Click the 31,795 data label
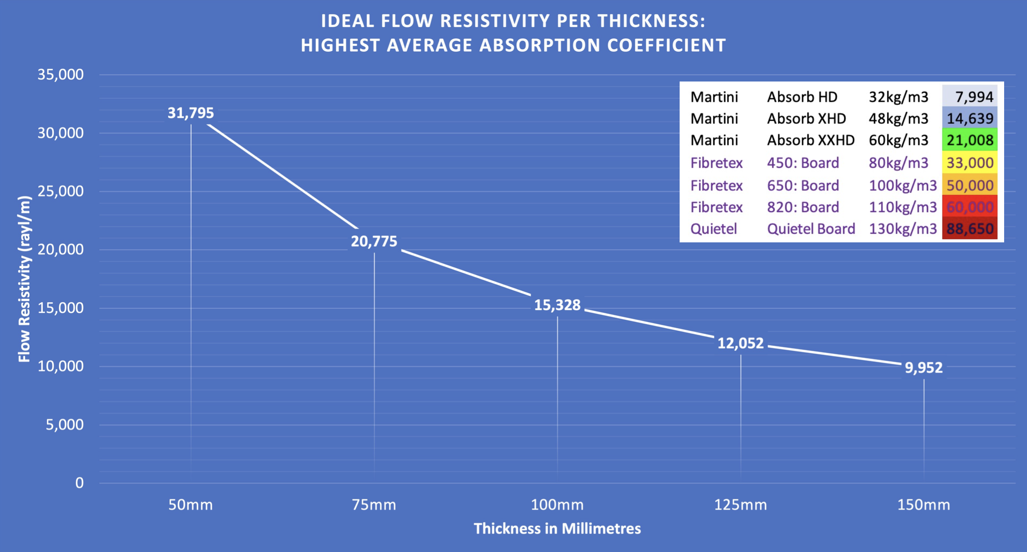[x=190, y=113]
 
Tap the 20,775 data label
[x=374, y=241]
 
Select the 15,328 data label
[x=557, y=305]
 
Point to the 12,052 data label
[x=740, y=343]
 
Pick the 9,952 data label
[x=923, y=368]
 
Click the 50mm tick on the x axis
[x=190, y=505]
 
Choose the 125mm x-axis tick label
[x=740, y=505]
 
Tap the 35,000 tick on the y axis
[x=60, y=75]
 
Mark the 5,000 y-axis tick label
[x=65, y=425]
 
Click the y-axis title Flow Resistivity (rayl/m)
[x=24, y=279]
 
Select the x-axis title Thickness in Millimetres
[x=557, y=529]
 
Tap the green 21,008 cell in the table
[x=970, y=140]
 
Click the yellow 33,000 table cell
[x=970, y=163]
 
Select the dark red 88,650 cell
[x=970, y=229]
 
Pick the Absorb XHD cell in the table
[x=806, y=119]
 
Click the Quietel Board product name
[x=811, y=229]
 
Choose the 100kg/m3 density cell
[x=903, y=185]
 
